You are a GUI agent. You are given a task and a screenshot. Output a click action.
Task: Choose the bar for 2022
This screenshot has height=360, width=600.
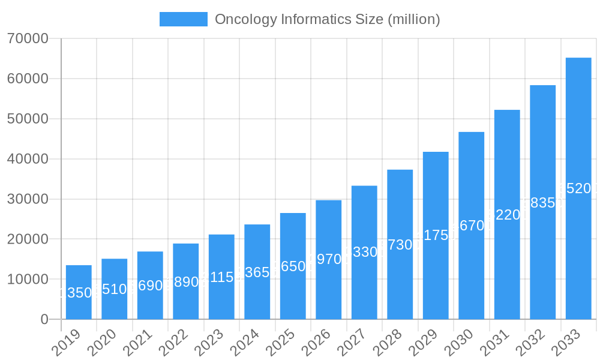pyautogui.click(x=186, y=281)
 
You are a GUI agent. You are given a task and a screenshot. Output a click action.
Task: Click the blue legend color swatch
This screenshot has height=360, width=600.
pyautogui.click(x=183, y=19)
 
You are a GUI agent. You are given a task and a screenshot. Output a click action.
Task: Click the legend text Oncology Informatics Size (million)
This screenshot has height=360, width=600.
pyautogui.click(x=327, y=19)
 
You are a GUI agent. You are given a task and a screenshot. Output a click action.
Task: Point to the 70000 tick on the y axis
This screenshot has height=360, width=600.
pyautogui.click(x=28, y=38)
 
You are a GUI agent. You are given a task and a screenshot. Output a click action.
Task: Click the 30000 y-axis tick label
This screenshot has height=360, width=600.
pyautogui.click(x=28, y=199)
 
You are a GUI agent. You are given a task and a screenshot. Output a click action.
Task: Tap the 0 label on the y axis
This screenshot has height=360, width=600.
pyautogui.click(x=44, y=319)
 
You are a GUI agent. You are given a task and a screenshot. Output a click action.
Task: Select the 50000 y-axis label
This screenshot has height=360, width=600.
pyautogui.click(x=28, y=119)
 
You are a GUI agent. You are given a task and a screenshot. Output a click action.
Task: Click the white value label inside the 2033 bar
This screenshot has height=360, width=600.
pyautogui.click(x=578, y=188)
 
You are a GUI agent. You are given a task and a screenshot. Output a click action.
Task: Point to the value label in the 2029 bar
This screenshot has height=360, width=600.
pyautogui.click(x=436, y=235)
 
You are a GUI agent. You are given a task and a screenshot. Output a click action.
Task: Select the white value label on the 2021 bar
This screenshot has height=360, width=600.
pyautogui.click(x=150, y=286)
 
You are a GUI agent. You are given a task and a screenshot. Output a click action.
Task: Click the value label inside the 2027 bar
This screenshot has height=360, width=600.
pyautogui.click(x=364, y=252)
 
